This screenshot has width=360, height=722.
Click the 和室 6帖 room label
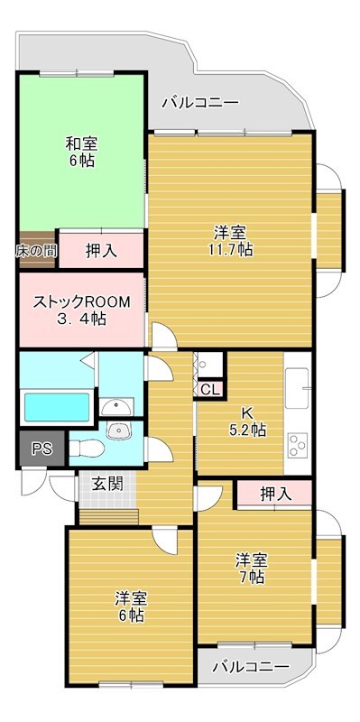click(81, 152)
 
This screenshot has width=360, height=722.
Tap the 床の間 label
click(36, 250)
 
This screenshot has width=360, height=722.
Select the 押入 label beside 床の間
click(101, 250)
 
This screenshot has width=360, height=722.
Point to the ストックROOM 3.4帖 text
click(82, 310)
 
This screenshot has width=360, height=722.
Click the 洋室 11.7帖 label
click(232, 239)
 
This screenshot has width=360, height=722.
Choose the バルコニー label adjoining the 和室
click(199, 103)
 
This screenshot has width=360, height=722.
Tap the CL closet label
click(208, 390)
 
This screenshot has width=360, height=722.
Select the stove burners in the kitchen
click(298, 445)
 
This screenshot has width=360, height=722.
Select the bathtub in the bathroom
click(56, 408)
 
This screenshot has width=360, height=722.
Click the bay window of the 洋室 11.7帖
click(329, 218)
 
